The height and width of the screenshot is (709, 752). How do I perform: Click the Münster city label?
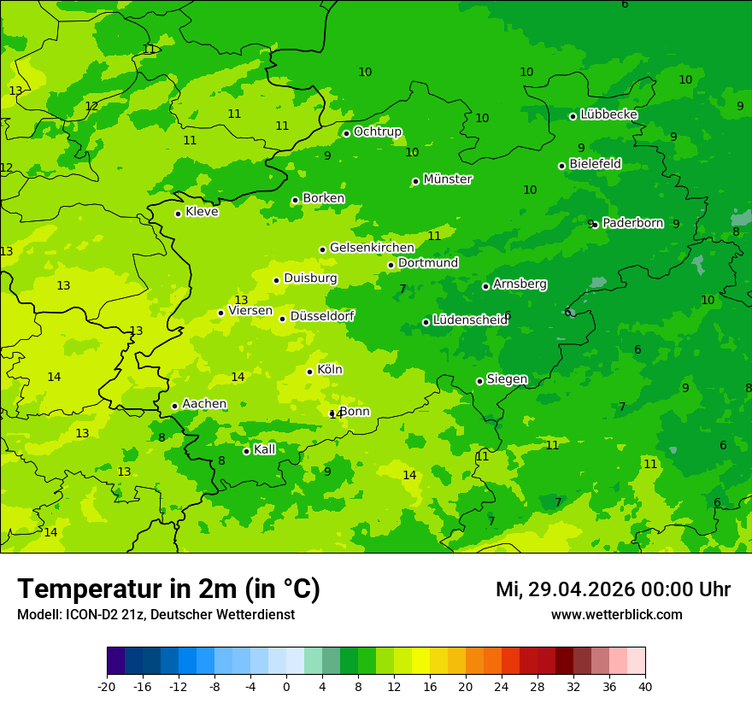click(x=448, y=179)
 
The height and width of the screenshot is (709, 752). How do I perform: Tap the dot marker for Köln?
click(x=309, y=372)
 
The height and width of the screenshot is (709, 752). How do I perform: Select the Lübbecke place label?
click(x=608, y=114)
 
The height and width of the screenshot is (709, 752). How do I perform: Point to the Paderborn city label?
click(x=632, y=223)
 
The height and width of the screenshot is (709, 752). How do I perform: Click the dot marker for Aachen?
click(x=174, y=406)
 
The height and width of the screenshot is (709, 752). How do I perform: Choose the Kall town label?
click(x=265, y=449)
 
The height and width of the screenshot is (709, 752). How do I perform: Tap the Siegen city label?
click(x=507, y=379)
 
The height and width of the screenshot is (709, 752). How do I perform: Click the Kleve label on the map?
click(x=202, y=212)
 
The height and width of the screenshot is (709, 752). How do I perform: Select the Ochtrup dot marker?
click(x=346, y=133)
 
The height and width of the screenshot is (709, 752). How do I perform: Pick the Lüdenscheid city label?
click(x=470, y=320)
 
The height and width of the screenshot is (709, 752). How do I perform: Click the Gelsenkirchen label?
click(x=372, y=248)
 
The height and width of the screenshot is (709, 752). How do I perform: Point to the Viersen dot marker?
click(x=220, y=313)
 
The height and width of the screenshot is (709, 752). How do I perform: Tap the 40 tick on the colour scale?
click(x=645, y=686)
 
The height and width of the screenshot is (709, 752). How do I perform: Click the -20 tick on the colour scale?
click(x=107, y=686)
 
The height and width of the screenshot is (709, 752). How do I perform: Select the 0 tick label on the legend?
click(x=286, y=686)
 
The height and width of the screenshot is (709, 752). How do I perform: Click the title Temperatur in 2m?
click(x=168, y=589)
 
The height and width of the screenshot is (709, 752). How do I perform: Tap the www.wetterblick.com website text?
click(x=616, y=614)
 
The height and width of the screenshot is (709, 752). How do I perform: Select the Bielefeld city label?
click(x=595, y=163)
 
